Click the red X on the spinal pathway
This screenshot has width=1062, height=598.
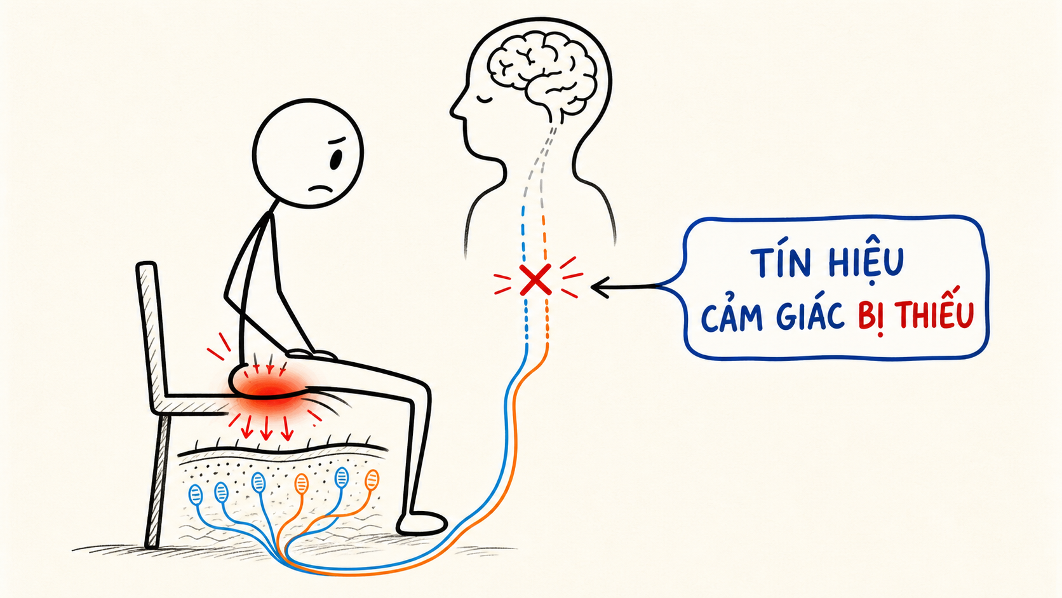pyautogui.click(x=535, y=280)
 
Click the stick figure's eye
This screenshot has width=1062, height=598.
pyautogui.click(x=335, y=160)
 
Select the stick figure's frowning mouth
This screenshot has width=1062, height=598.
pyautogui.click(x=321, y=189)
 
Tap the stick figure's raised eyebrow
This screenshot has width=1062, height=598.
pyautogui.click(x=336, y=141)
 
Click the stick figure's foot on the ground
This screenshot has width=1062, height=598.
pyautogui.click(x=422, y=524)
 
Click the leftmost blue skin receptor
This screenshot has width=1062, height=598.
pyautogui.click(x=196, y=494)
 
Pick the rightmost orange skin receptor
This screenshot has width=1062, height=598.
pyautogui.click(x=372, y=480)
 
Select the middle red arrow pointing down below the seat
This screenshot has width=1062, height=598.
pyautogui.click(x=266, y=428)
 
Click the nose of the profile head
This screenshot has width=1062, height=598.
pyautogui.click(x=454, y=112)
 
